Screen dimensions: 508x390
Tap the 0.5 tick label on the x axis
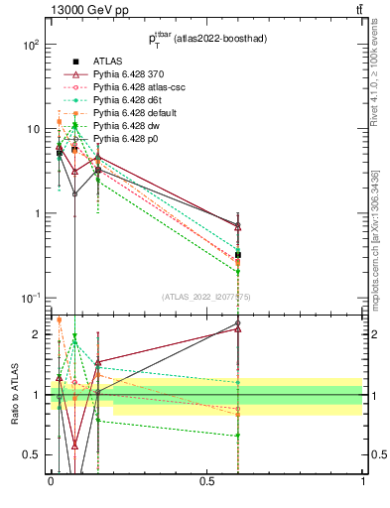(x=206, y=480)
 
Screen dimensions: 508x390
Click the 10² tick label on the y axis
(x=30, y=46)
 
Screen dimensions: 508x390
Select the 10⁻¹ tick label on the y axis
(x=30, y=299)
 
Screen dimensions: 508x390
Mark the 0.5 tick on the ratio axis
(x=32, y=454)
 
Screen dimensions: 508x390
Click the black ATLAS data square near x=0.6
(x=238, y=255)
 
